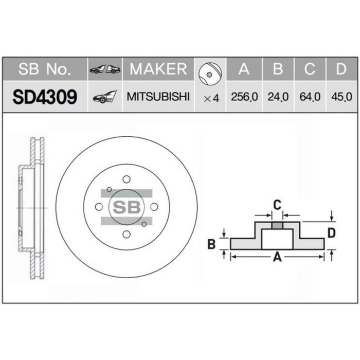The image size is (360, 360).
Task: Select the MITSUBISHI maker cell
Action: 158,97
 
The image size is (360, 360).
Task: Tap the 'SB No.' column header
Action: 45,69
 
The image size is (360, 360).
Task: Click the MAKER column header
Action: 158,69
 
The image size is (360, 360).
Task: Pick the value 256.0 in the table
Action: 244,97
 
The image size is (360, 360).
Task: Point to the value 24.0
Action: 277,97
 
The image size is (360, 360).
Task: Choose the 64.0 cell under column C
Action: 309,97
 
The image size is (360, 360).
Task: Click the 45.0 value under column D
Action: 341,97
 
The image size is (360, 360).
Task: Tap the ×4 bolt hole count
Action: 211,97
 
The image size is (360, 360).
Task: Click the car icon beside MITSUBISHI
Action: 104,97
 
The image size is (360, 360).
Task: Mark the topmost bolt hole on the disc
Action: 127,179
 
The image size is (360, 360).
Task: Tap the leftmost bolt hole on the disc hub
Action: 99,207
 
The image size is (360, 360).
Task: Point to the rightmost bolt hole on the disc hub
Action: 154,207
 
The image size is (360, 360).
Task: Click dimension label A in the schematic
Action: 277,258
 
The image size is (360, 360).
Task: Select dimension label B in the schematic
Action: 211,244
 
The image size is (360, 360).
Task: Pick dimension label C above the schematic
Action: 277,205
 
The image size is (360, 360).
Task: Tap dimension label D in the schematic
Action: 332,233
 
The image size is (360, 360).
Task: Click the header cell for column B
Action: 277,69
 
